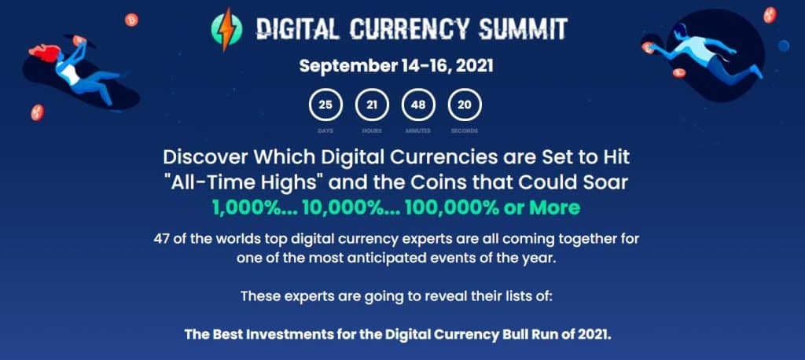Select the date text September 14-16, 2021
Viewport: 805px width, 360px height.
pos(396,65)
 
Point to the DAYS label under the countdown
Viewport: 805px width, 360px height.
pos(326,130)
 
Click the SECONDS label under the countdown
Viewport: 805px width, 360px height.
pos(464,130)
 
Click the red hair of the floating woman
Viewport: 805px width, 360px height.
pos(46,53)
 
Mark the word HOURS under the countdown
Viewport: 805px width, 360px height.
pos(372,130)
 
